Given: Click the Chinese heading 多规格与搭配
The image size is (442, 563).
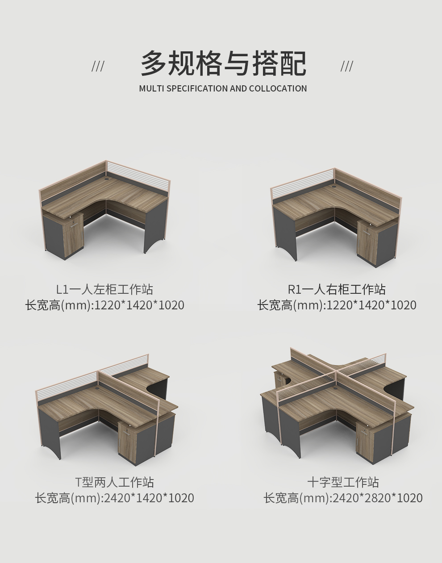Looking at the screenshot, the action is (x=223, y=63).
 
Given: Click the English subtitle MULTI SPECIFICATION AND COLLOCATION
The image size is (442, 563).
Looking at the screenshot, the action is (x=223, y=88).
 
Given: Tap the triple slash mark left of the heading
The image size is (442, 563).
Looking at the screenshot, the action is (x=98, y=67).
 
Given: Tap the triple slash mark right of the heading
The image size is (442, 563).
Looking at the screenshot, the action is (x=347, y=67).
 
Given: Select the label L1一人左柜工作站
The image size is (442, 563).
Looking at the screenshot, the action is (x=104, y=290).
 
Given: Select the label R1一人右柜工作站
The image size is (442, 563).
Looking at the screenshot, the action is (x=337, y=290).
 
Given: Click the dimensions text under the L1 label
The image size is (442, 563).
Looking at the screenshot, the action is (x=104, y=305).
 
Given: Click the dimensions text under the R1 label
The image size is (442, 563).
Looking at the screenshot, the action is (x=337, y=305).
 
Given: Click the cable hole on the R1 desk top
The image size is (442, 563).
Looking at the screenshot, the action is (x=334, y=186).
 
